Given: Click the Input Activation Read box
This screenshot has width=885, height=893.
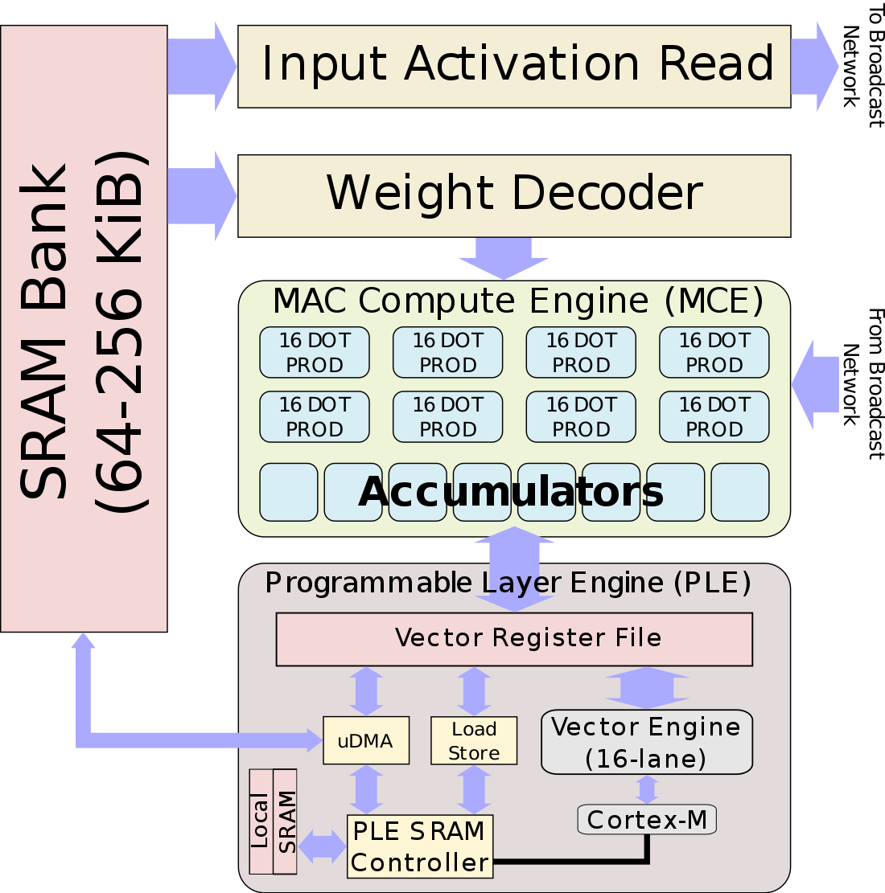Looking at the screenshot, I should click(x=514, y=66).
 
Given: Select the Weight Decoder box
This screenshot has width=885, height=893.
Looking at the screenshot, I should click(x=514, y=195).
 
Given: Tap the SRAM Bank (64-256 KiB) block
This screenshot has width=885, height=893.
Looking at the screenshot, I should click(x=84, y=330).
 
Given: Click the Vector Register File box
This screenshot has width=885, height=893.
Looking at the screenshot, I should click(x=514, y=639).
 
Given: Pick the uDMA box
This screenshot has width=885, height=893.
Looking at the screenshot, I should click(x=366, y=740).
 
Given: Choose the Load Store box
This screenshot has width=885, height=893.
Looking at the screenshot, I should click(x=474, y=740).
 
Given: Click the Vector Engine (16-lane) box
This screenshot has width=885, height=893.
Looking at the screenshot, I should click(x=646, y=742).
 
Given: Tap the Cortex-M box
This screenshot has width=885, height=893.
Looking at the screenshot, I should click(x=647, y=820).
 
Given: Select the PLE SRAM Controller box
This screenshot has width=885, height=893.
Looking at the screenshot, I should click(x=419, y=846).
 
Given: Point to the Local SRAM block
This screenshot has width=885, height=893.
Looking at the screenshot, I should click(x=273, y=821).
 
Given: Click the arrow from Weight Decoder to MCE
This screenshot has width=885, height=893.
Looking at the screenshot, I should click(x=504, y=257).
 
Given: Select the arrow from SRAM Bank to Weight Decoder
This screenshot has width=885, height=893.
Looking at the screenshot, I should click(x=201, y=195).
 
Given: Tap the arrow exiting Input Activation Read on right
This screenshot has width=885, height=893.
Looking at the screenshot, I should click(x=814, y=66).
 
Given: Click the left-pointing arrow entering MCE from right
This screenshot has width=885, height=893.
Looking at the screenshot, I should click(x=816, y=384).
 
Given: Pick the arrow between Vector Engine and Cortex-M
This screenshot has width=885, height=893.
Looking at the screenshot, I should click(x=647, y=789).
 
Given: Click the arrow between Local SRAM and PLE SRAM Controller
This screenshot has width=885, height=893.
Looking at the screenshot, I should click(x=322, y=846).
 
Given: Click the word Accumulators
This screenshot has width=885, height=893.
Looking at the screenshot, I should click(x=511, y=492).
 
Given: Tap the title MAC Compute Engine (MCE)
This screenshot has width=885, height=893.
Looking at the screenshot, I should click(x=517, y=301).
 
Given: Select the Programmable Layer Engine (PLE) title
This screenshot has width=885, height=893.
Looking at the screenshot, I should click(x=508, y=583).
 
